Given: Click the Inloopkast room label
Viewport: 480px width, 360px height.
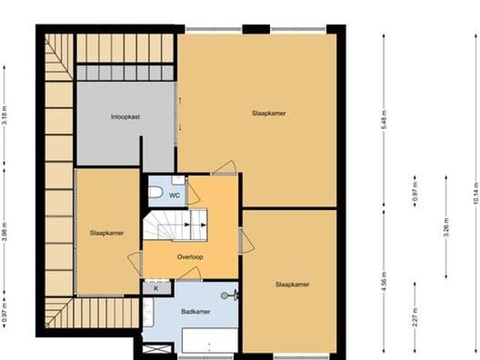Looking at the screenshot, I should coord(125,116).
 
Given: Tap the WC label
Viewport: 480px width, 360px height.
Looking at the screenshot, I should coord(174,196).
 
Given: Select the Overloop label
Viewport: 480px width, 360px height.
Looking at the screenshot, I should coord(190,256).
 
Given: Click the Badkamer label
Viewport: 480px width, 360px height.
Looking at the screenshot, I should coord(195,310).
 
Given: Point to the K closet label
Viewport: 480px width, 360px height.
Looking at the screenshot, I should coord(156,287).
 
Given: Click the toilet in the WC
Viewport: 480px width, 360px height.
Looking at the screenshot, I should coord(156,194).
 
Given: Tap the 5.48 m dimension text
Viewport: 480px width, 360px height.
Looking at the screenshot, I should coord(383,126).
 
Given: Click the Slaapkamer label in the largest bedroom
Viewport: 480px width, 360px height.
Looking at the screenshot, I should coord(268,113).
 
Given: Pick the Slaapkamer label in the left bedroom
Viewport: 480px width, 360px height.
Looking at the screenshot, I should coord(106,232).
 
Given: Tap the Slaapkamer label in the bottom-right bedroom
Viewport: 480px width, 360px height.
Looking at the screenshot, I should coord(292,284).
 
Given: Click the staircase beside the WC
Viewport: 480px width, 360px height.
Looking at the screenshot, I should coord(177,224).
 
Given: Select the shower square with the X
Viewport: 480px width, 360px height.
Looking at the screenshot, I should coord(157,349).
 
